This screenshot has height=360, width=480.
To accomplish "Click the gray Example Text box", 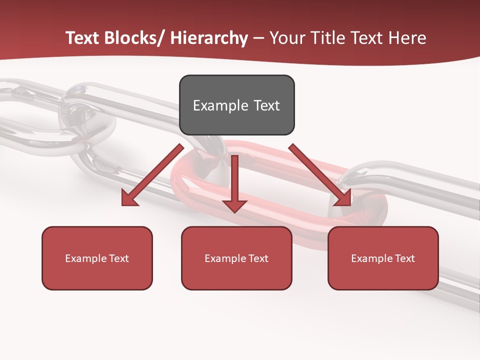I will pyautogui.click(x=236, y=105).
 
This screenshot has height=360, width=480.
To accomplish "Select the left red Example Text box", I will pyautogui.click(x=97, y=258).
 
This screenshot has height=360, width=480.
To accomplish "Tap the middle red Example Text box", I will pyautogui.click(x=236, y=258).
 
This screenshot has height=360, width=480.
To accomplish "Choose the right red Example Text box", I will pyautogui.click(x=383, y=258).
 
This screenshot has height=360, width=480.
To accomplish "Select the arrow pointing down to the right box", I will pyautogui.click(x=320, y=175).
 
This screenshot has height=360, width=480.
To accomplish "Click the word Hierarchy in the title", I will pyautogui.click(x=209, y=38).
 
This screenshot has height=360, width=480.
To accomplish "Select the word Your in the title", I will pyautogui.click(x=287, y=38).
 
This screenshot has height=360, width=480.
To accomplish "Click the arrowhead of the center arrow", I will pyautogui.click(x=234, y=205).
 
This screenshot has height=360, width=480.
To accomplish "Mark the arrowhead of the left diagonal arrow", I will pyautogui.click(x=129, y=198).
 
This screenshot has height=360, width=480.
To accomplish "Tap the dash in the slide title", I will pyautogui.click(x=258, y=38).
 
